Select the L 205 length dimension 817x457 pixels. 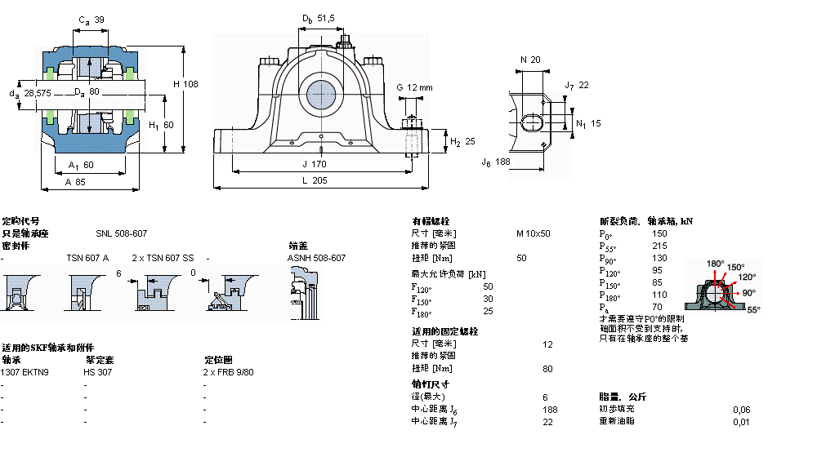314,181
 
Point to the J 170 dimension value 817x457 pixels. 314,163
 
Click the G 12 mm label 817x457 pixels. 414,87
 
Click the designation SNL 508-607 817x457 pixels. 121,233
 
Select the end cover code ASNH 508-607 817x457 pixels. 316,258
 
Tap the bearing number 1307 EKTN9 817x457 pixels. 25,372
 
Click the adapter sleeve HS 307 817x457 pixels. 98,372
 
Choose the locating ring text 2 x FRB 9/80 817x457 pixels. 229,372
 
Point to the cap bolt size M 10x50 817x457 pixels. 533,233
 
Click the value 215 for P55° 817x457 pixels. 659,246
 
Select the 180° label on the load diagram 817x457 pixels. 715,264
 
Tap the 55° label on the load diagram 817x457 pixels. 752,310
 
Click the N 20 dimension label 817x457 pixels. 530,60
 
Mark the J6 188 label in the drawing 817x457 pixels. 495,162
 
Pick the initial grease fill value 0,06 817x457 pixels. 741,410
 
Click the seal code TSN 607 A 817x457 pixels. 87,258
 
